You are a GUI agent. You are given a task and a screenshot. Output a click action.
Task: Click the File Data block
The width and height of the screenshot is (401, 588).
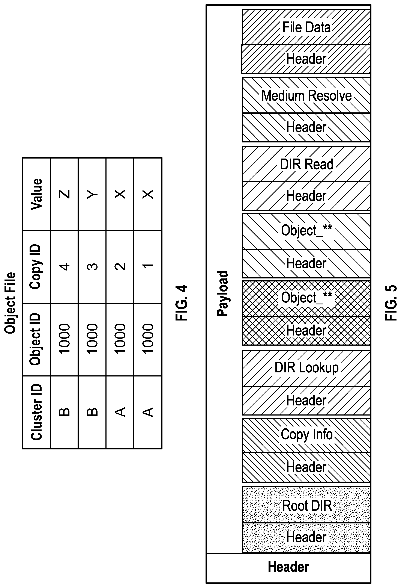[x=306, y=27]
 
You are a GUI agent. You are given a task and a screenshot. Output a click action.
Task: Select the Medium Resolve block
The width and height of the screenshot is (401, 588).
[x=306, y=95]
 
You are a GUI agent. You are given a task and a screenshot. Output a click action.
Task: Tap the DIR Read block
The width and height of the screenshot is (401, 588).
[x=306, y=164]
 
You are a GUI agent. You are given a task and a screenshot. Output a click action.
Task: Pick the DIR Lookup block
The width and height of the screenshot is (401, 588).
[x=306, y=368]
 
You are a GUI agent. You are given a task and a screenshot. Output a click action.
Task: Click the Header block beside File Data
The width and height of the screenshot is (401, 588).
[x=306, y=59]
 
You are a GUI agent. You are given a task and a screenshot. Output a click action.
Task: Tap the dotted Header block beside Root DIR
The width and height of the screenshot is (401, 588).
[x=306, y=537]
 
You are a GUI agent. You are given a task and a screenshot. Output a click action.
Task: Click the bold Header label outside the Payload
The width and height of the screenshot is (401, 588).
[x=288, y=567]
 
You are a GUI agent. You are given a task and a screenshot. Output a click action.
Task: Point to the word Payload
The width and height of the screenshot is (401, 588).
[x=223, y=293]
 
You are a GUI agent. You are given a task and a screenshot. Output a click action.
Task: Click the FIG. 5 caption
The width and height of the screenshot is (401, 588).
[x=391, y=303]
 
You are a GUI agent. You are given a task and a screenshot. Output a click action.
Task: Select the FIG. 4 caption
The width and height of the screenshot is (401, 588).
[x=181, y=303]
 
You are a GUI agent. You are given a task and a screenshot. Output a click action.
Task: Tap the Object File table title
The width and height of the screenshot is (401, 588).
[x=10, y=303]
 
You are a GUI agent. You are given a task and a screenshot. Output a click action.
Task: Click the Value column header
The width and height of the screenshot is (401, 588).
[x=36, y=194]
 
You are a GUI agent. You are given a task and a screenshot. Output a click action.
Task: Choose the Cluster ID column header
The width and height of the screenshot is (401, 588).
[x=36, y=412]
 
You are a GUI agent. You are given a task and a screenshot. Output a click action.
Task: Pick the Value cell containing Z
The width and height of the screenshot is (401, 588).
[x=64, y=194]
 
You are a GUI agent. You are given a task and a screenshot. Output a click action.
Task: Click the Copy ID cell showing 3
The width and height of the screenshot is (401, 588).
[x=92, y=267]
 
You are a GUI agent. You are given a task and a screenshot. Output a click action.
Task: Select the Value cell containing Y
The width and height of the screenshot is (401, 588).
[x=92, y=194]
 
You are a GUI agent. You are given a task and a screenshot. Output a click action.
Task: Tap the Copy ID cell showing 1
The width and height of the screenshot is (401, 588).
[x=148, y=267]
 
